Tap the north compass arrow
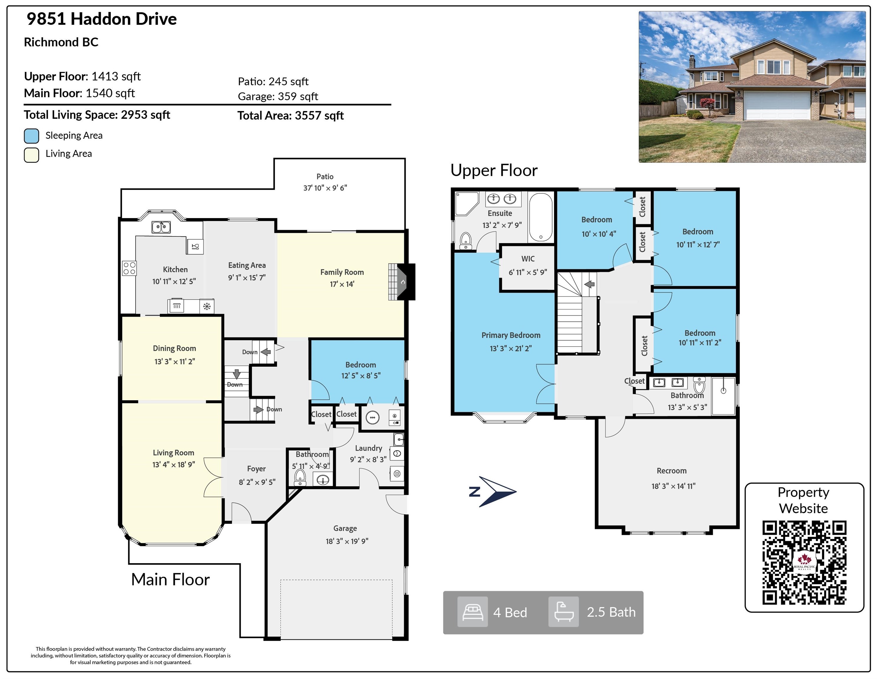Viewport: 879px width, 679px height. click(x=497, y=492)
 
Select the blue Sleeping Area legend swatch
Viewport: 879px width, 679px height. click(x=31, y=136)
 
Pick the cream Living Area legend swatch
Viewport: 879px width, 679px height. click(x=31, y=155)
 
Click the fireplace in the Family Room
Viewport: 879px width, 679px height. click(x=402, y=281)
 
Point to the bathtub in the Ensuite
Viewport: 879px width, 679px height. click(x=541, y=217)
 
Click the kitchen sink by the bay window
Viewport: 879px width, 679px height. click(x=161, y=227)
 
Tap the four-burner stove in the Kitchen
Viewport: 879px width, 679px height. click(x=129, y=268)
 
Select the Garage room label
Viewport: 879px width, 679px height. click(x=345, y=528)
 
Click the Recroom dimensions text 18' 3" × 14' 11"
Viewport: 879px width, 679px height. click(x=673, y=486)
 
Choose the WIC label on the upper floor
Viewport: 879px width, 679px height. click(x=528, y=259)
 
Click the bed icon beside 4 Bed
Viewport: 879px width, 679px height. click(x=472, y=612)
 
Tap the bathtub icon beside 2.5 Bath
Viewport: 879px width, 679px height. click(x=563, y=612)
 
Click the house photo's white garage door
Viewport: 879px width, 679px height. click(x=777, y=106)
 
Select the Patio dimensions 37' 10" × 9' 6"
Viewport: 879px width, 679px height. click(x=325, y=188)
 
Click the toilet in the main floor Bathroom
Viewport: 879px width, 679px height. click(x=300, y=477)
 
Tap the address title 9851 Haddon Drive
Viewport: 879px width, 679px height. click(x=101, y=19)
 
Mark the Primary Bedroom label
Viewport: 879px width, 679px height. click(x=511, y=335)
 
